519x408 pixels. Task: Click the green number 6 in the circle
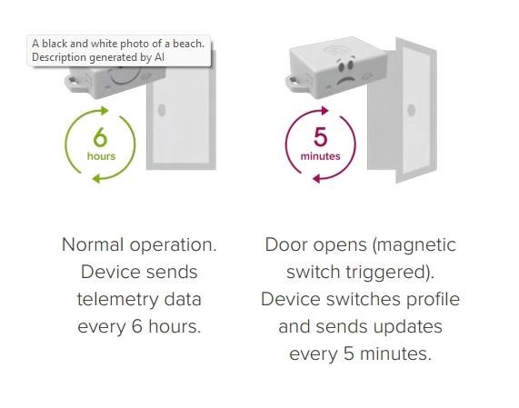click(100, 137)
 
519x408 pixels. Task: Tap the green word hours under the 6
click(101, 156)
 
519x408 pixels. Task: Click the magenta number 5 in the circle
click(321, 137)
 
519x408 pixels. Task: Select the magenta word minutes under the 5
click(321, 156)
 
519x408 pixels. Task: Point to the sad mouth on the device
click(345, 80)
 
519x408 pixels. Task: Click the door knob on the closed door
click(162, 110)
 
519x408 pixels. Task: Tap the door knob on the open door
click(412, 110)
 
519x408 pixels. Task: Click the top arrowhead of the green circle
click(105, 111)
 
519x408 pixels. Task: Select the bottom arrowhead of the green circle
click(96, 179)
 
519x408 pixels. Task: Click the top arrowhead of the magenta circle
click(324, 111)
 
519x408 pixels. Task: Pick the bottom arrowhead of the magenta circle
click(316, 179)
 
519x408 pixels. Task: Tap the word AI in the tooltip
click(160, 57)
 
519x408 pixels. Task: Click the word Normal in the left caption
click(93, 244)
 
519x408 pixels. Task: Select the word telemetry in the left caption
click(118, 300)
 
